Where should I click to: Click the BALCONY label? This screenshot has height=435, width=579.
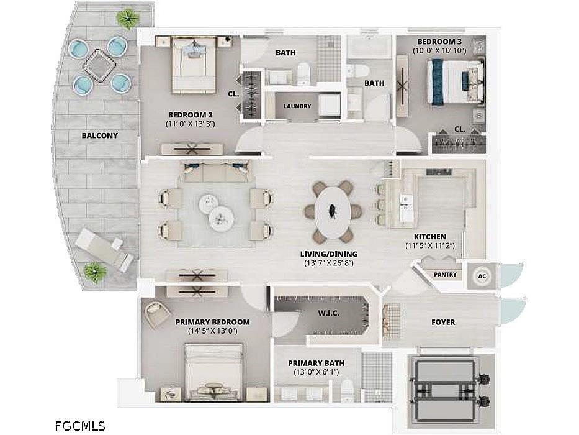(x=100, y=135)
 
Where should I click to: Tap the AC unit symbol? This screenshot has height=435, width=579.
(x=482, y=277)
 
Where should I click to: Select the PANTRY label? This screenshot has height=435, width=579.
(x=445, y=275)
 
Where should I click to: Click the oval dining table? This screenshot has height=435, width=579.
(x=333, y=212)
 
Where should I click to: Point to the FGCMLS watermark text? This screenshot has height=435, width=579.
(x=80, y=426)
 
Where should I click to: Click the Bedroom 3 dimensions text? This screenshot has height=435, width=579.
(x=439, y=51)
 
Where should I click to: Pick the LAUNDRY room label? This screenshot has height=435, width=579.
(x=297, y=106)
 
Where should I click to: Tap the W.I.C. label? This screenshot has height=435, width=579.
(x=329, y=314)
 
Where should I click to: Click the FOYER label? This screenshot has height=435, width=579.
(x=443, y=323)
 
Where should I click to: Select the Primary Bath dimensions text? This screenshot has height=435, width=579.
(x=316, y=372)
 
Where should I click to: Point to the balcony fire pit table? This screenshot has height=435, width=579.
(x=99, y=66)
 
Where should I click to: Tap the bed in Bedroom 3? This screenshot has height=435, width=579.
(x=456, y=82)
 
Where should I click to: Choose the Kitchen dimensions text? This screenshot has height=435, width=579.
(x=430, y=245)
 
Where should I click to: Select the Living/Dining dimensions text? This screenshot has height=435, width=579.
(x=329, y=263)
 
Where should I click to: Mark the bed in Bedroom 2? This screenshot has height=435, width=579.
(x=194, y=65)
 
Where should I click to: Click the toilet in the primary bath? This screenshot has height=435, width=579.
(x=348, y=391)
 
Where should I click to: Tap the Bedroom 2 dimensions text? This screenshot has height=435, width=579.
(x=190, y=124)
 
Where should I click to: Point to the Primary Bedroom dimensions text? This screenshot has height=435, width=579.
(x=212, y=331)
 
